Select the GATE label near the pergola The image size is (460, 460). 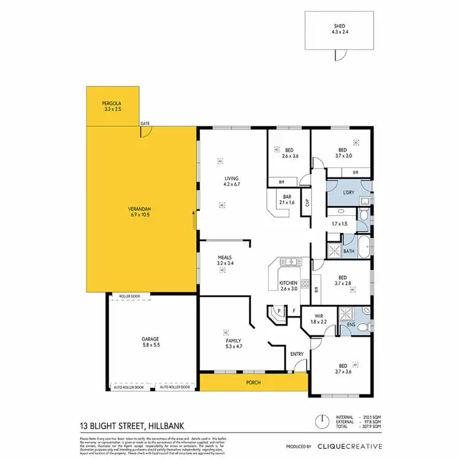click(145, 123)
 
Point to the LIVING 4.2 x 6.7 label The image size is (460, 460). click(231, 180)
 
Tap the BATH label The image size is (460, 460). click(348, 251)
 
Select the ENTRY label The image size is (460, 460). click(296, 354)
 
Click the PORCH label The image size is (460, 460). click(253, 383)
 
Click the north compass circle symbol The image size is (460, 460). click(320, 423)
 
